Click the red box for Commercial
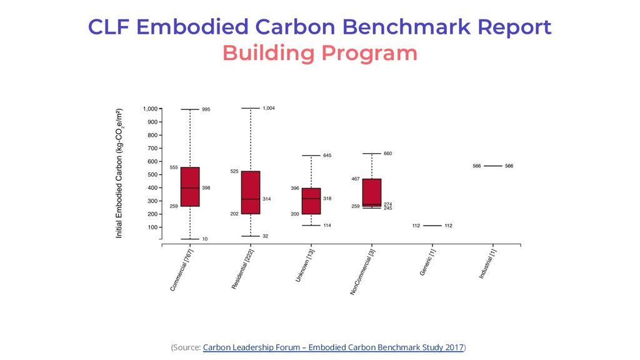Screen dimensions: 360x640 point(190,186)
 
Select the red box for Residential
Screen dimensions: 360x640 point(251,192)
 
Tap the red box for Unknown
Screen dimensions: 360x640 point(311,201)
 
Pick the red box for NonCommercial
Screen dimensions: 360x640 point(372,192)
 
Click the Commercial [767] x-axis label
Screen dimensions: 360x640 point(182,270)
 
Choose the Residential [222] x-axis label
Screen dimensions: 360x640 point(242,269)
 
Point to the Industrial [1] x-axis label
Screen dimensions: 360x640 point(487,264)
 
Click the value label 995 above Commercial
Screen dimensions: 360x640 point(206,109)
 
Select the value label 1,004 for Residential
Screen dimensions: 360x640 point(268,108)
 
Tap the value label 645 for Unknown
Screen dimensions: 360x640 point(327,155)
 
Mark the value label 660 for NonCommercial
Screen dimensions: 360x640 point(387,154)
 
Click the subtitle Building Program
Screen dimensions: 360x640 point(319,53)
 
